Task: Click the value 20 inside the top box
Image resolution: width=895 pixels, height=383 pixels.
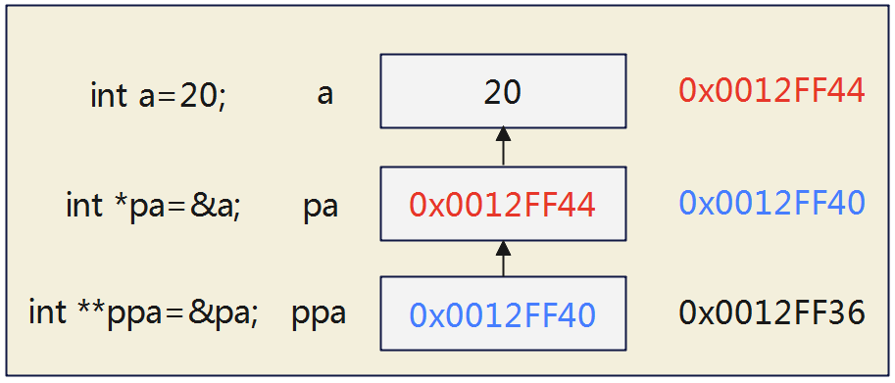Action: click(502, 92)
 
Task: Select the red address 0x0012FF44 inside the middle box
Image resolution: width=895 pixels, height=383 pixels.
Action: click(502, 204)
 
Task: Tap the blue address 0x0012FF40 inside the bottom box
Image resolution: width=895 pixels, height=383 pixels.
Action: click(502, 314)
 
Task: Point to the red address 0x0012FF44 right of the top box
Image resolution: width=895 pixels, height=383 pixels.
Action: click(771, 91)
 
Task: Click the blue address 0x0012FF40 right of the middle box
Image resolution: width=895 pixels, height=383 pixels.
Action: click(771, 203)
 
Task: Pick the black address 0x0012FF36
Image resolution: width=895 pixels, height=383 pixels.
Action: click(771, 313)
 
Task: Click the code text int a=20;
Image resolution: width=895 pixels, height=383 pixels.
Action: click(158, 96)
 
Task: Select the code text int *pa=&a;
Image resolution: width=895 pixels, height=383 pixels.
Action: click(153, 207)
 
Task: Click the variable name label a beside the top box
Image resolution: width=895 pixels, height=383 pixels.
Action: click(324, 95)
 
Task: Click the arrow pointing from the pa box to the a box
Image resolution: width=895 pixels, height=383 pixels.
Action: click(503, 147)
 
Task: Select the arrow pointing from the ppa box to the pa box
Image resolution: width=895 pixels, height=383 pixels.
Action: click(503, 259)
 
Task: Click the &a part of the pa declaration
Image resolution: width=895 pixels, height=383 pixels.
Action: click(220, 207)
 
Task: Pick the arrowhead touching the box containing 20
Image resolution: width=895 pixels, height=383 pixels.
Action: click(503, 133)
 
